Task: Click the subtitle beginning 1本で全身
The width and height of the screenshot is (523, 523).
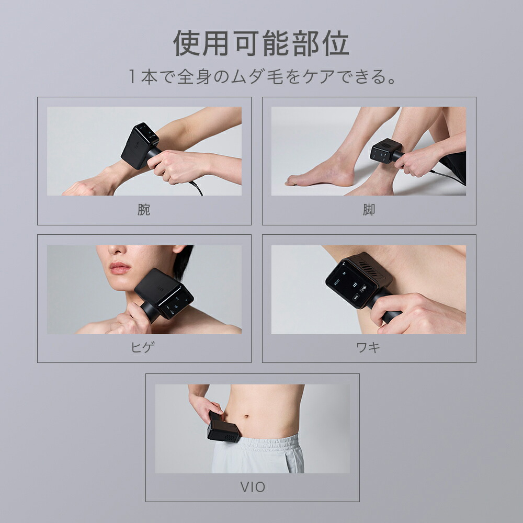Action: point(261,77)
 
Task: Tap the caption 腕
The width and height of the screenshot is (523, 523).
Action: point(144,210)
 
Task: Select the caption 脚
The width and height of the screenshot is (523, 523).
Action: point(369,210)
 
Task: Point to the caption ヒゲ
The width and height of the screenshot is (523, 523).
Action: point(144,348)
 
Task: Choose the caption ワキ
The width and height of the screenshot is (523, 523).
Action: point(369,348)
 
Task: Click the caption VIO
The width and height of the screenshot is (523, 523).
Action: point(252,487)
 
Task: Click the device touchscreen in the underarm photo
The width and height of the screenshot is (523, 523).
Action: point(349,283)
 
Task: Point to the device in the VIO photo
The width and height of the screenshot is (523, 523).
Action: point(222,428)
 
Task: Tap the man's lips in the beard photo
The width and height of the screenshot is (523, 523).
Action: point(120,268)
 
